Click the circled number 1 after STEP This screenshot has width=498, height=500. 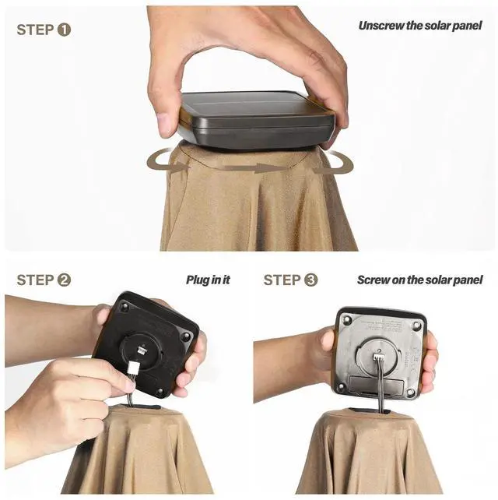64,30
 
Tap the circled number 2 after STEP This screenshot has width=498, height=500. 64,280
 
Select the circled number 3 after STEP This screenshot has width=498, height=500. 311,280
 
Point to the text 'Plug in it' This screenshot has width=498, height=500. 208,280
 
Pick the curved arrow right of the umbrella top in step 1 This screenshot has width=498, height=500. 335,164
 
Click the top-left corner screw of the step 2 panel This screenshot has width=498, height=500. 124,307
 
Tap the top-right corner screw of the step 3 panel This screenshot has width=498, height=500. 417,326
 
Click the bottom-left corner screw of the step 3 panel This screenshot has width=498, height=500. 341,386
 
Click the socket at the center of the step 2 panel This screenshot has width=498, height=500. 141,350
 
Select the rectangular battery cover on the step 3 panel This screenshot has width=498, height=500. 377,386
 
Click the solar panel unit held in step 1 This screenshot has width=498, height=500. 257,120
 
